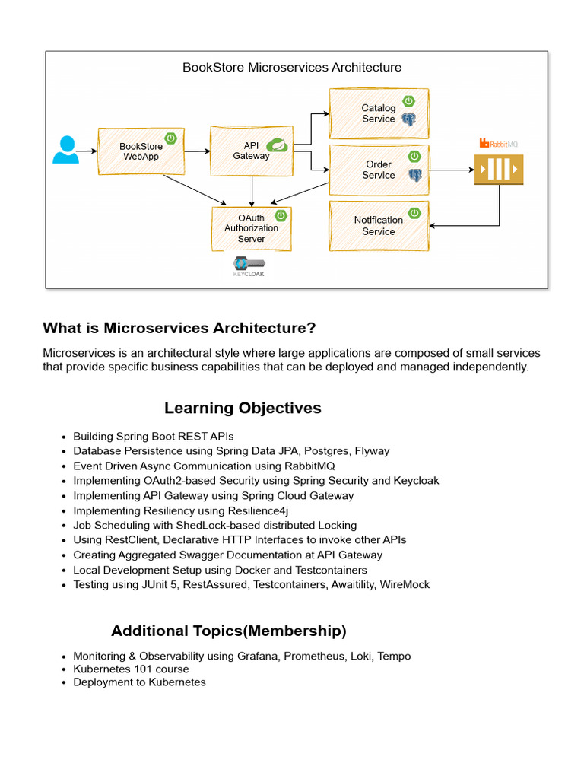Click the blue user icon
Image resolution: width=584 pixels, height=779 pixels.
coord(65,149)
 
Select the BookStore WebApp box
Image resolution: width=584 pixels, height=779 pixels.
coord(141,151)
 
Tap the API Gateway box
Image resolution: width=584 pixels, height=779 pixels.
coord(251,151)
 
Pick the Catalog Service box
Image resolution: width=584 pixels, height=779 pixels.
coord(379,113)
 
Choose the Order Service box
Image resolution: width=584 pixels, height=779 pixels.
coord(379,170)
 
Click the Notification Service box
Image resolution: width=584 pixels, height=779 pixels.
coord(379,226)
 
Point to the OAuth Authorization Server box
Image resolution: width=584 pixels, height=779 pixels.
coord(252,228)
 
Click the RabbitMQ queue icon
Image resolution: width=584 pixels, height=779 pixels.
coord(499,169)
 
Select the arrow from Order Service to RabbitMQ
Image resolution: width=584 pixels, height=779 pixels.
coord(452,170)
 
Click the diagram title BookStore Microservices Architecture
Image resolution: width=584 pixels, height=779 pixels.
coord(292,67)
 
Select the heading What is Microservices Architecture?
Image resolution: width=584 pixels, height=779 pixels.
coord(179,328)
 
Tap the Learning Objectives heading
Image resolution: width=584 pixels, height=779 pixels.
coord(243,408)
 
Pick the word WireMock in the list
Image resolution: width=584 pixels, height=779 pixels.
coord(404,584)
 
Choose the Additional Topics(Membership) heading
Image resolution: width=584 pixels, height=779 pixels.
coord(229,631)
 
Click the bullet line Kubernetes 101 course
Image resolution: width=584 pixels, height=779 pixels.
coord(131,669)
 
